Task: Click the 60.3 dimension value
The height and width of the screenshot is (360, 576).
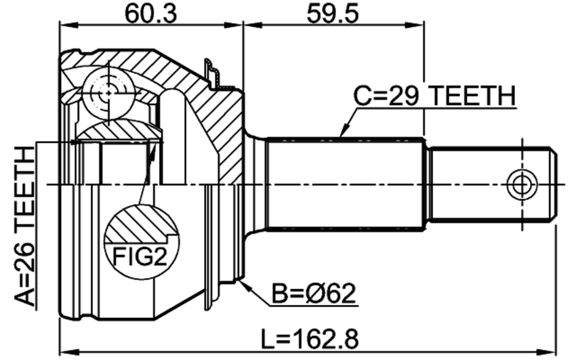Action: [150, 14]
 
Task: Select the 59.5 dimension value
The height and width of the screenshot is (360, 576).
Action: [333, 14]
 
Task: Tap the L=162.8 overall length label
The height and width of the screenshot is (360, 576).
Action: [310, 339]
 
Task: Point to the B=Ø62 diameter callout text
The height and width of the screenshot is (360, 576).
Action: [314, 293]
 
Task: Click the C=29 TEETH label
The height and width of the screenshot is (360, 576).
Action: [434, 96]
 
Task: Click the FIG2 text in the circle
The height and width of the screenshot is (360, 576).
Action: [140, 256]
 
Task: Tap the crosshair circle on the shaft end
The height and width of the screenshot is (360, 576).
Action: [522, 184]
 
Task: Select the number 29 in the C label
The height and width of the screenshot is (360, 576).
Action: [404, 96]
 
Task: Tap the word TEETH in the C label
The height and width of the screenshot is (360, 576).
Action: [472, 96]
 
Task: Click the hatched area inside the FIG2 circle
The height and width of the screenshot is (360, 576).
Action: [139, 224]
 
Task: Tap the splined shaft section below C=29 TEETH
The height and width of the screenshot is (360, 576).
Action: [346, 184]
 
